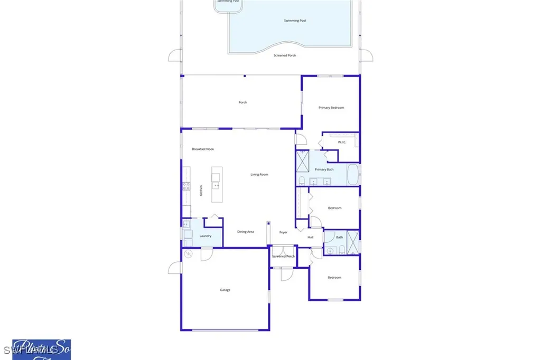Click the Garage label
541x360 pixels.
[225, 290]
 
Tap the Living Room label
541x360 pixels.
[259, 174]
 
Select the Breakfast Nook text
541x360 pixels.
[203, 149]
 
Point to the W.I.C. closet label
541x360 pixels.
[342, 143]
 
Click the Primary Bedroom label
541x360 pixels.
[331, 108]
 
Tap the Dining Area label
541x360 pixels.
[246, 232]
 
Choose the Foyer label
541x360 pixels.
[284, 232]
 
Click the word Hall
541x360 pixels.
[311, 237]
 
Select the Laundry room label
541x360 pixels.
[206, 236]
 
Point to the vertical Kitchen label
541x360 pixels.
[201, 191]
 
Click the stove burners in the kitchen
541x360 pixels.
[186, 186]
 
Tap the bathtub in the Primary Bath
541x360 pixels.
[353, 175]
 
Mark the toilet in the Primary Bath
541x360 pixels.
[301, 181]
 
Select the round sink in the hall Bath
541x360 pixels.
[330, 250]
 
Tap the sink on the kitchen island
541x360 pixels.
[216, 185]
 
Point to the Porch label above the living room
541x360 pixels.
[243, 102]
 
